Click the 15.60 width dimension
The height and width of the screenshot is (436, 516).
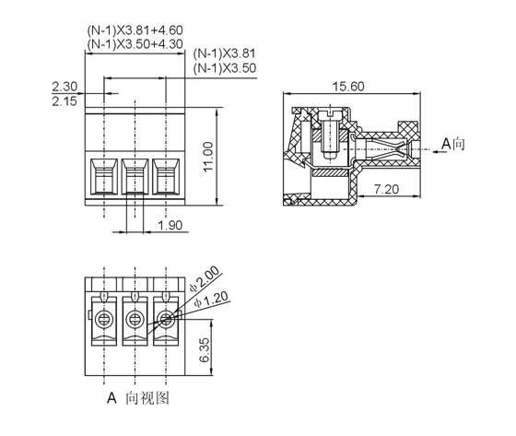348,87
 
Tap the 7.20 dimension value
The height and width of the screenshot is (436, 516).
386,189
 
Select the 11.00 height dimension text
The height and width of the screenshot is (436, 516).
208,157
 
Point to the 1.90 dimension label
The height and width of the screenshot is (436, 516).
170,225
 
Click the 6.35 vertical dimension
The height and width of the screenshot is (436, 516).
204,349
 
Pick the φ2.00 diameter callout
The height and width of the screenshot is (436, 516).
205,279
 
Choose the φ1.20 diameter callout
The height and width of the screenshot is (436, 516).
211,300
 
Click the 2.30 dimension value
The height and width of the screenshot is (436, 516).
64,87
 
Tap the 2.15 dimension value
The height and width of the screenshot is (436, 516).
64,101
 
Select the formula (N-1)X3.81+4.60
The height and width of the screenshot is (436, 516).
135,30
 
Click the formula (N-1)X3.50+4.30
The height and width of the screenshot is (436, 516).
135,44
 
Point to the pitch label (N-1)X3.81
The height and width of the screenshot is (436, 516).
225,53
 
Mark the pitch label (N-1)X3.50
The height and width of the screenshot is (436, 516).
225,68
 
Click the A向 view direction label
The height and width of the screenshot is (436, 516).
453,144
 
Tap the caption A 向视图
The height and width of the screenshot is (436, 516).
138,398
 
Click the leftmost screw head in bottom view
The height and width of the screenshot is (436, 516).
104,319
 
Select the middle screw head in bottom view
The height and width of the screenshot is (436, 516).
135,319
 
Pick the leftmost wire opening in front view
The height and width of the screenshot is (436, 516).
104,176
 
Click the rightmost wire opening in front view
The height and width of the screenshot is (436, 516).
166,176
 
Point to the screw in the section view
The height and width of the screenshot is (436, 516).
330,135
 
